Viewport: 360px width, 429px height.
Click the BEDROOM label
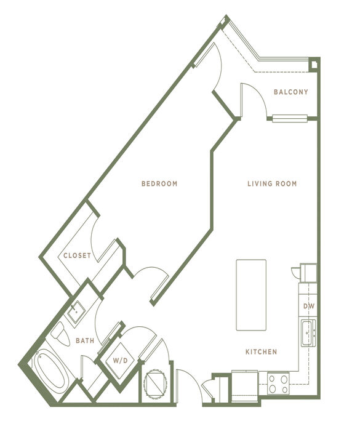(159, 183)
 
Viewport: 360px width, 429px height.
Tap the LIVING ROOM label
(272, 183)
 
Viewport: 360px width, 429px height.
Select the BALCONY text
(291, 92)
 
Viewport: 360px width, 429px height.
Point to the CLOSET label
(77, 255)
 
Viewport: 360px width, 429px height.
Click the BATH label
(85, 340)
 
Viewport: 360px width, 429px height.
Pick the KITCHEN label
(262, 352)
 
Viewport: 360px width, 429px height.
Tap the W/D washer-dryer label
(121, 361)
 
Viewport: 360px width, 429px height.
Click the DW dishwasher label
(309, 306)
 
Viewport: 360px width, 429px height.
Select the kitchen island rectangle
(251, 295)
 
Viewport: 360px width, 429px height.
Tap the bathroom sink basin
(76, 311)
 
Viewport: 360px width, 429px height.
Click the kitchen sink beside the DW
(308, 333)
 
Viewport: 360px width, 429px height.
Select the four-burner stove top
(278, 383)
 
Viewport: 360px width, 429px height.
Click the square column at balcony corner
(314, 64)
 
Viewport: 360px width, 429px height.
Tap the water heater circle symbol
(155, 384)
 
